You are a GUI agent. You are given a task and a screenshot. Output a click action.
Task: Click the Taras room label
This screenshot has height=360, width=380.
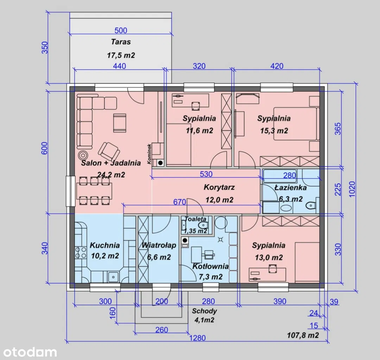point(121,42)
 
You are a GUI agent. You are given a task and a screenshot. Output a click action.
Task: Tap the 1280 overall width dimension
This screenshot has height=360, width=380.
point(197,338)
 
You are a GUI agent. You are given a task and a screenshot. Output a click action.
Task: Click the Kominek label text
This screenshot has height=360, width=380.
point(149,154)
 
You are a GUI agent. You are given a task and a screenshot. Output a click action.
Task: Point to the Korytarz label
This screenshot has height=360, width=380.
point(219,187)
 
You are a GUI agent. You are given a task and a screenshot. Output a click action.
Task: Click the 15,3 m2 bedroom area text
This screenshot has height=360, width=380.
point(274,131)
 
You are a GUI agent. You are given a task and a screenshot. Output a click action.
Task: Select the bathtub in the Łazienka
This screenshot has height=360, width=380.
point(280,176)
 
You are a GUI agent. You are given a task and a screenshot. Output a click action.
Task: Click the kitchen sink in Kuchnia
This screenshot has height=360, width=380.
point(113,277)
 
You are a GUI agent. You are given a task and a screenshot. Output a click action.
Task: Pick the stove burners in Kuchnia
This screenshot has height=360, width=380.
point(81,252)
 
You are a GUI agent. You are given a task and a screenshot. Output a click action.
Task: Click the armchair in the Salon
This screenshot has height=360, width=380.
point(109,151)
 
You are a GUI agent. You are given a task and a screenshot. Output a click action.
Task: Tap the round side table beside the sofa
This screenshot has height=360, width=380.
point(83,155)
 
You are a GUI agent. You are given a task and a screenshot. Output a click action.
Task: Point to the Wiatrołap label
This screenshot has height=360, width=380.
point(159,245)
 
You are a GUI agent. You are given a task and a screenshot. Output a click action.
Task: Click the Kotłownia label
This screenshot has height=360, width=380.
point(210,266)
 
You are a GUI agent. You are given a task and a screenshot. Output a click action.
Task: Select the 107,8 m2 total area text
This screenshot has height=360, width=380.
point(303,335)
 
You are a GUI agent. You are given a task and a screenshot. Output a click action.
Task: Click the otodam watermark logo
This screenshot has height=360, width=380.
point(30,352)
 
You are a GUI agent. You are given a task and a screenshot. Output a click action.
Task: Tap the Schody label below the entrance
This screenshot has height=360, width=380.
point(204,311)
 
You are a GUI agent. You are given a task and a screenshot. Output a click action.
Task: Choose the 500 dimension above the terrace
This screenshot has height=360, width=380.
point(121,31)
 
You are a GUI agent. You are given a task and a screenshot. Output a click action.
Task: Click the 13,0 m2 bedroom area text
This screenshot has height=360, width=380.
point(269,257)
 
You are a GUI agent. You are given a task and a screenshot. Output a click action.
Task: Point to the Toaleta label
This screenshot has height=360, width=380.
point(195,219)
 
